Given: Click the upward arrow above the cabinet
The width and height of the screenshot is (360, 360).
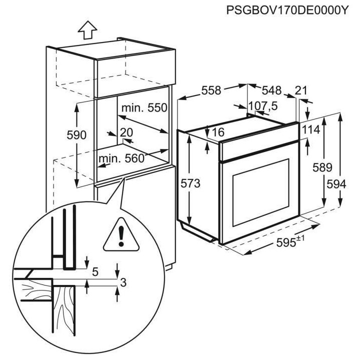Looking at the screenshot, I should pyautogui.click(x=87, y=31).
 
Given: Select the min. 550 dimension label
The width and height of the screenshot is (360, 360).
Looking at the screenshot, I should pyautogui.click(x=143, y=107).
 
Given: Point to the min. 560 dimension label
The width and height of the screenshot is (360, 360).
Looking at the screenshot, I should pyautogui.click(x=121, y=159).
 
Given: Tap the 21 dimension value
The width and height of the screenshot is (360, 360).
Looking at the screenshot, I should pyautogui.click(x=301, y=90).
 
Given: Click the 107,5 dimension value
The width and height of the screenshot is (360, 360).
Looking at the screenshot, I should pyautogui.click(x=263, y=106).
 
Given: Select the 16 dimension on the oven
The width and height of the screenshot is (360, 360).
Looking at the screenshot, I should pyautogui.click(x=218, y=132).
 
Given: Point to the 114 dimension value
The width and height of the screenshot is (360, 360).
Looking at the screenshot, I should pyautogui.click(x=310, y=129).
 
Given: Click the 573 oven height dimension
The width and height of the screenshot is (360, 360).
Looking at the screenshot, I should pyautogui.click(x=191, y=183).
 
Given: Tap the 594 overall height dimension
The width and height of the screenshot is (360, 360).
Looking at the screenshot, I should pyautogui.click(x=336, y=183).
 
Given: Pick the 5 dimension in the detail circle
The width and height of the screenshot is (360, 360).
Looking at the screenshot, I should pyautogui.click(x=95, y=272).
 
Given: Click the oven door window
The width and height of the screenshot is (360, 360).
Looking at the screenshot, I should pyautogui.click(x=258, y=187).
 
